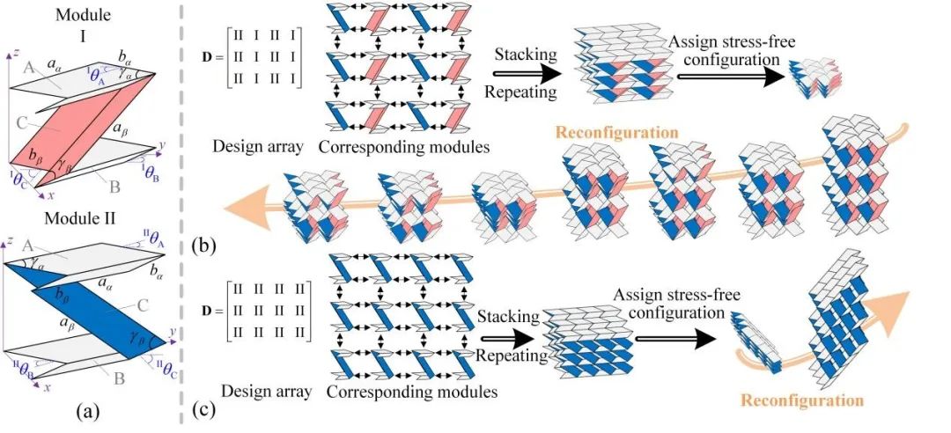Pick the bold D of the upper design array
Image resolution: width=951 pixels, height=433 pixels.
click(200, 65)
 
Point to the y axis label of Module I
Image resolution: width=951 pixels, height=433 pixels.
click(162, 142)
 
